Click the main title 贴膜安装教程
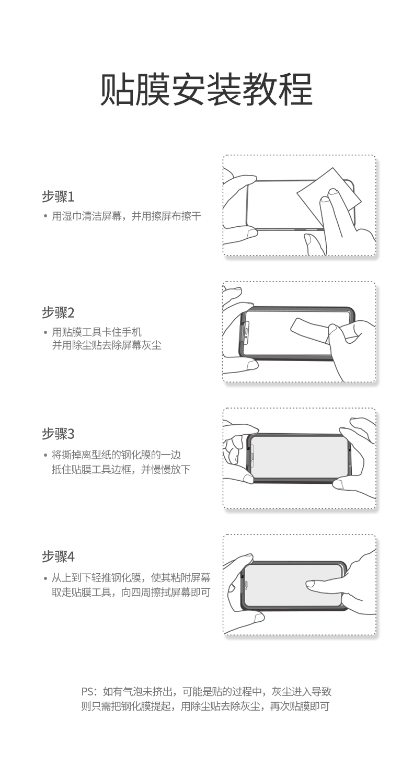pos(206,89)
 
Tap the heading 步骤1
pos(58,197)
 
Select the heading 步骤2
pos(58,313)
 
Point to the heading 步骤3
pos(58,434)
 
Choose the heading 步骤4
pos(58,556)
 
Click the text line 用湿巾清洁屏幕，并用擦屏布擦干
pos(126,216)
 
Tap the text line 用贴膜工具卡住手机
pos(97,332)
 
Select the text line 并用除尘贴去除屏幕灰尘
pos(107,345)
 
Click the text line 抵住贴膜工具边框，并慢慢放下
pos(121,469)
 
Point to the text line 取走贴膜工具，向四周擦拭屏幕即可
pos(131,593)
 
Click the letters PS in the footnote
pos(87,692)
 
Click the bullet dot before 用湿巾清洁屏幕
pos(45,216)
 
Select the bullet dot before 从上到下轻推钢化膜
pos(45,578)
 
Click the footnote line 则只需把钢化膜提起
pos(205,707)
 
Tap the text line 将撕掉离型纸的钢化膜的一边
pos(116,455)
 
